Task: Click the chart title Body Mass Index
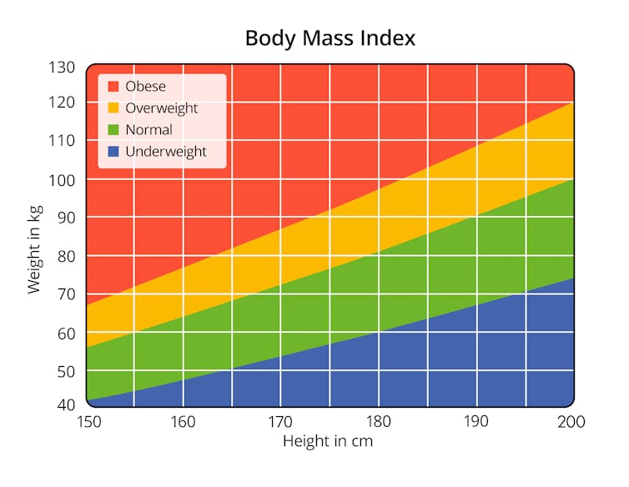click(330, 38)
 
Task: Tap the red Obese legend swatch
click(113, 86)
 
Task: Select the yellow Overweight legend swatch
click(113, 108)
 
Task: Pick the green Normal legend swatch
click(113, 129)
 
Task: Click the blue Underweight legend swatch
click(113, 151)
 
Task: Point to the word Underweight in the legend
click(165, 152)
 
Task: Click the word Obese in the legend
click(145, 86)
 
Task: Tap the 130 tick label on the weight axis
click(63, 67)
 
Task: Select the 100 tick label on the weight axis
click(63, 179)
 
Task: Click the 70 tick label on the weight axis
click(67, 294)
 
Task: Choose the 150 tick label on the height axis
click(88, 422)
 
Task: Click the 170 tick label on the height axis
click(280, 422)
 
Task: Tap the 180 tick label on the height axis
click(378, 422)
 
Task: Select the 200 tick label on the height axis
click(571, 422)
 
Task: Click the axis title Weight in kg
click(34, 251)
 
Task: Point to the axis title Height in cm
click(327, 441)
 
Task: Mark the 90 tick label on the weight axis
click(67, 218)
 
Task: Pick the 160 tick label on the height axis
click(183, 422)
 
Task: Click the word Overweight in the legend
click(161, 108)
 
